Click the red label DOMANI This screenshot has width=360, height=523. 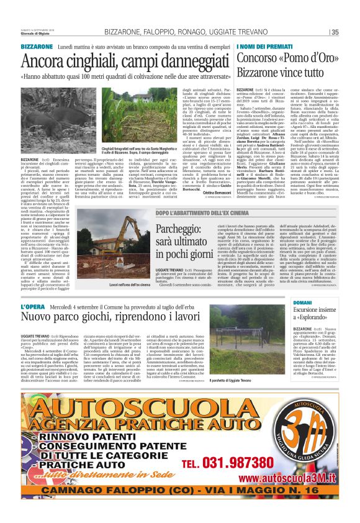(x=302, y=302)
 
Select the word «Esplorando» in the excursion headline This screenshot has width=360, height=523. (x=313, y=317)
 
